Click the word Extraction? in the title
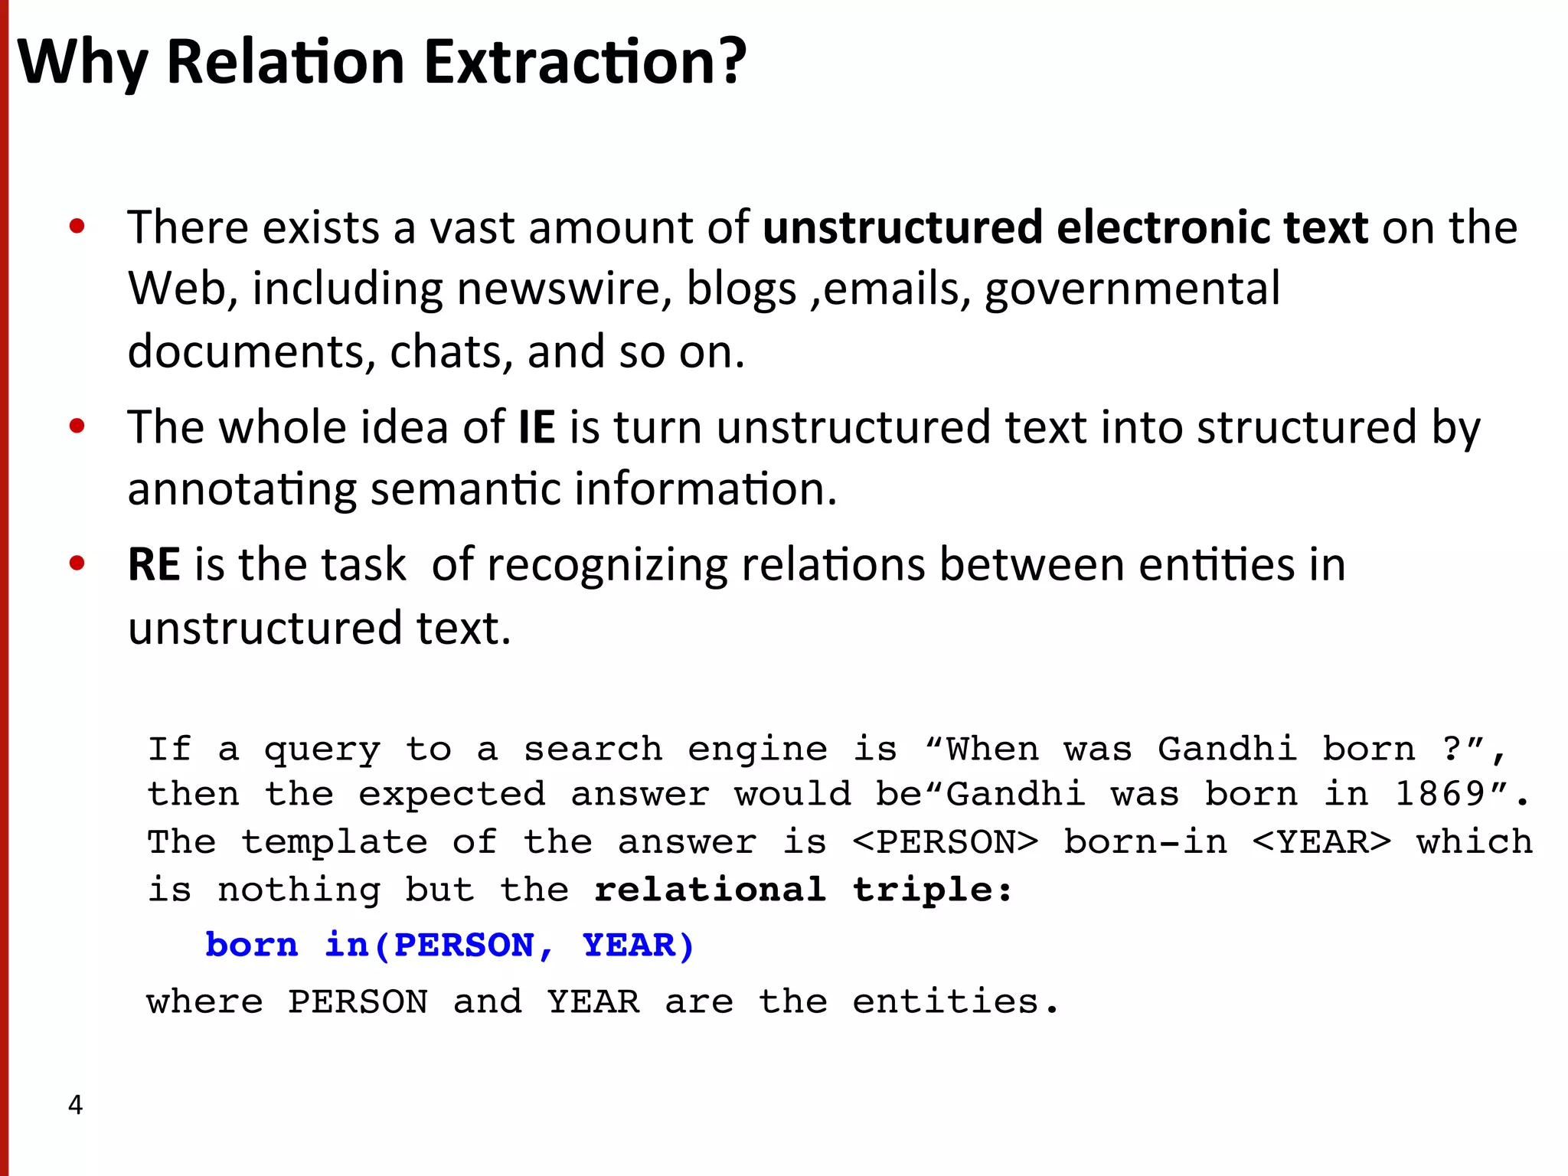585,62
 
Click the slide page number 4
75,1105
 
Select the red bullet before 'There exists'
77,227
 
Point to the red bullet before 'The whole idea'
77,426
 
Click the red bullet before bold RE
77,563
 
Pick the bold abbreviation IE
536,426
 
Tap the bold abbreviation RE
153,565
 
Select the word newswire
564,289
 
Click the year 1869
1440,794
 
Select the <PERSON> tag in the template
946,842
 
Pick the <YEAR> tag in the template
1321,842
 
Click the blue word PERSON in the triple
464,945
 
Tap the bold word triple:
932,890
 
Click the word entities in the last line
955,1001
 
